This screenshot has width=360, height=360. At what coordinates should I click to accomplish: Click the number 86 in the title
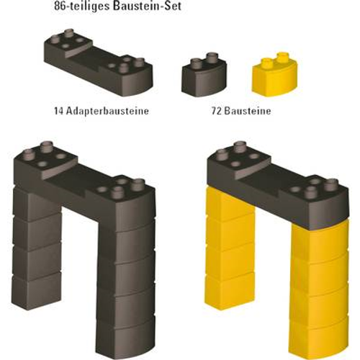coord(59,6)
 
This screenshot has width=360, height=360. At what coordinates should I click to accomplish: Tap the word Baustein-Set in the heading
coord(148,6)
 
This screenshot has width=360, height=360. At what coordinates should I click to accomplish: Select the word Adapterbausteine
coord(107,111)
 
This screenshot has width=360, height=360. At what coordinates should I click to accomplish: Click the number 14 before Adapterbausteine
coord(59,111)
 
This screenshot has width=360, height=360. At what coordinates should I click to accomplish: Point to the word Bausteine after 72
coord(248,111)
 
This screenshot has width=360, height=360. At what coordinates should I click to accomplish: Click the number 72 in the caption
coord(217,111)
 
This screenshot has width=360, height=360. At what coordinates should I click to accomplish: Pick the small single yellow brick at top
coord(275,74)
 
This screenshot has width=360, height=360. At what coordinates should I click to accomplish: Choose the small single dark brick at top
coord(204,75)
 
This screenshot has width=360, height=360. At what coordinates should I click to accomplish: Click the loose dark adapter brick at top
coord(98,63)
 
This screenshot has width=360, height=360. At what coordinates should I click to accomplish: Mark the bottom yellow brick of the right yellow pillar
coord(319,338)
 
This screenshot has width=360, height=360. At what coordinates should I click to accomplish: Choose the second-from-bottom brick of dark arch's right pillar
coord(126,305)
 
